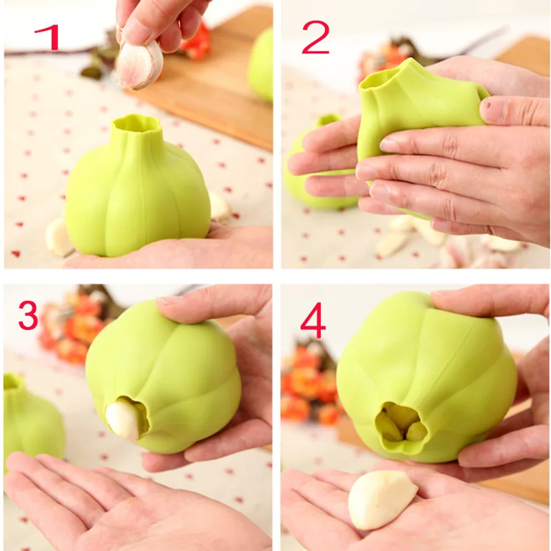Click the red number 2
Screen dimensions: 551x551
click(315, 39)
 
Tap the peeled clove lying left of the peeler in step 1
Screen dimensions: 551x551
click(58, 238)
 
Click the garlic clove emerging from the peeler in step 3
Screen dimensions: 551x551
click(122, 419)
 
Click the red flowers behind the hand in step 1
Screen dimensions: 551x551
click(196, 41)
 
